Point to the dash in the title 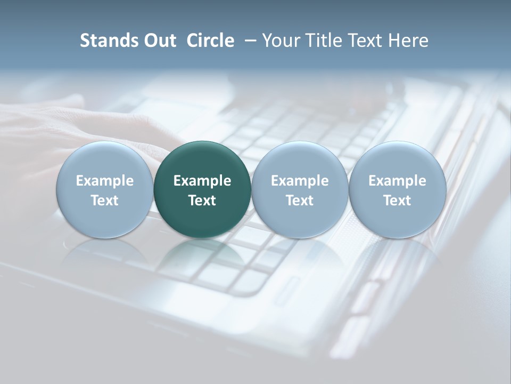(249, 41)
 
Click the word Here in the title (408, 41)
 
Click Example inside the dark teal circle (202, 181)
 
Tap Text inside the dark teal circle (202, 201)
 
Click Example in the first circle (105, 181)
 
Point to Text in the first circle (105, 201)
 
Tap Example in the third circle (300, 181)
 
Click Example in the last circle (397, 181)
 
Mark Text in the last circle (397, 201)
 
